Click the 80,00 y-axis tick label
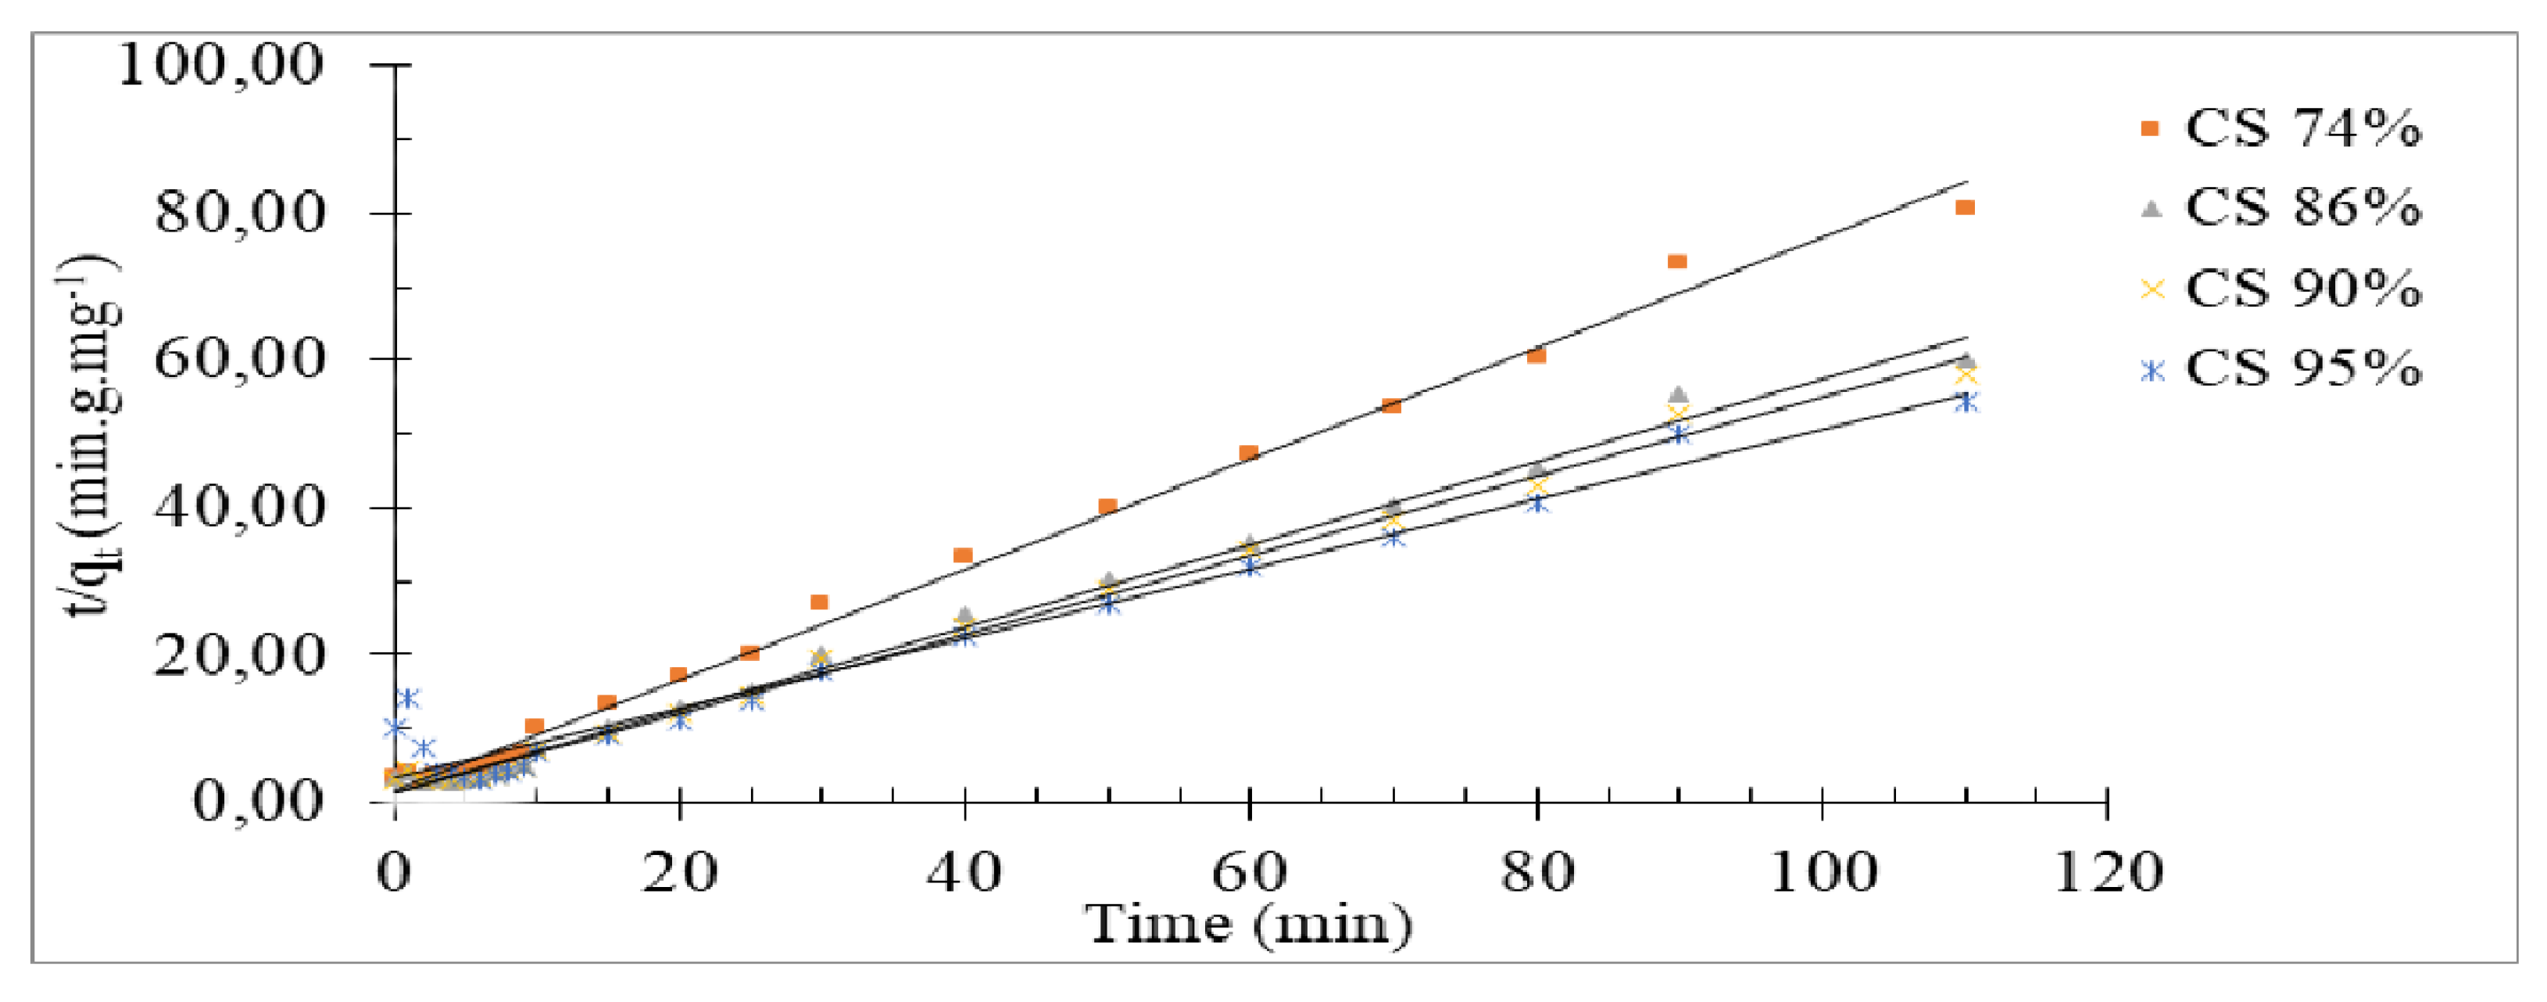239,213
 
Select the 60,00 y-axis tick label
239,358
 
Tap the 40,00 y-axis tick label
239,506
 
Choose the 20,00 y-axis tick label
239,653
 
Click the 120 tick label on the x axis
2107,872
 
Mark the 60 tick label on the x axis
1250,872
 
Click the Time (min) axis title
1250,924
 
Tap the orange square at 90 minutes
1677,261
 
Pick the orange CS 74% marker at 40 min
963,555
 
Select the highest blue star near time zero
406,699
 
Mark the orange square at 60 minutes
1249,453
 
